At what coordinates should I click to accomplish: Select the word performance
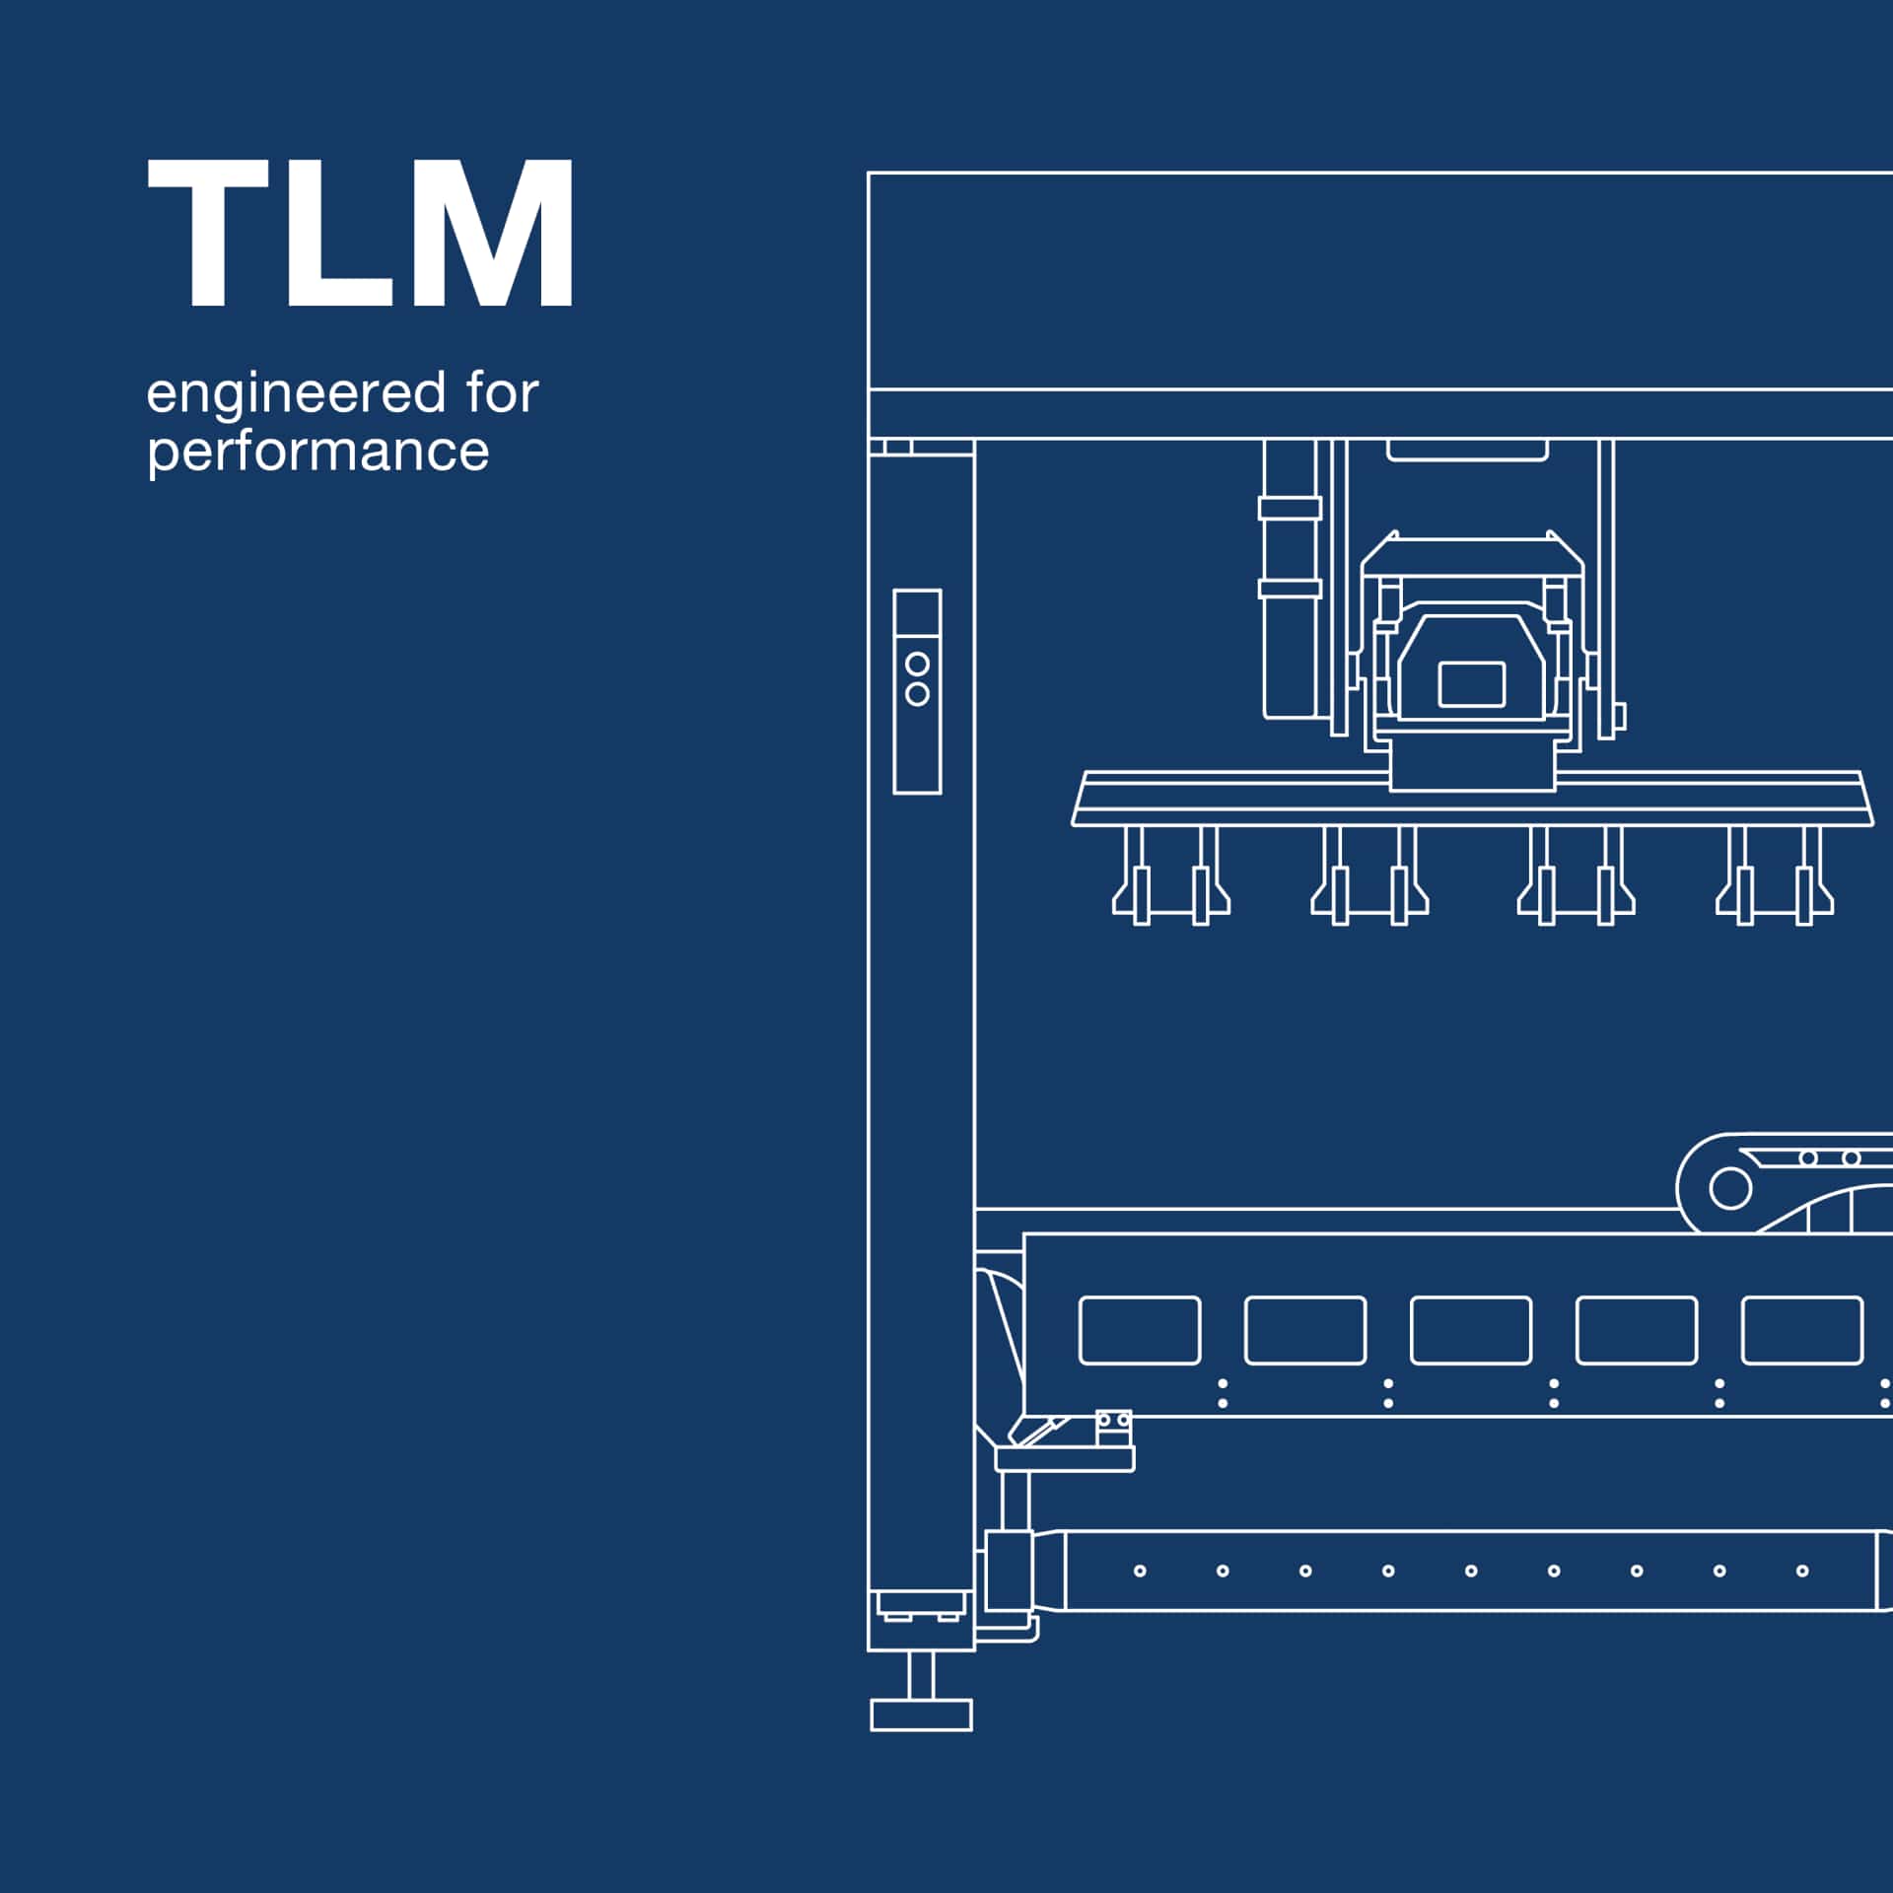(x=317, y=453)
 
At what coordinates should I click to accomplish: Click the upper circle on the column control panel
(x=917, y=664)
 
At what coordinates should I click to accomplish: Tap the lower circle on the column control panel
(x=917, y=694)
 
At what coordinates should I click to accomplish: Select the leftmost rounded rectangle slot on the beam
(x=1140, y=1330)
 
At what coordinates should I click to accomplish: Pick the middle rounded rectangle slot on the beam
(x=1471, y=1330)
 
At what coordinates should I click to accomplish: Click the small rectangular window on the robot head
(x=1471, y=684)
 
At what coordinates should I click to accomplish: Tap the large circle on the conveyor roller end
(x=1730, y=1188)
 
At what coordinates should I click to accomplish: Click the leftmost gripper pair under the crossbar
(x=1171, y=887)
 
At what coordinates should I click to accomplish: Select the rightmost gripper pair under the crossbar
(x=1775, y=887)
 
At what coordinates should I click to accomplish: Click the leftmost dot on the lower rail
(x=1140, y=1571)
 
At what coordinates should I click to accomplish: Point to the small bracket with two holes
(x=1114, y=1428)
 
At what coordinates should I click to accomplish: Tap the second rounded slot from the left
(x=1305, y=1330)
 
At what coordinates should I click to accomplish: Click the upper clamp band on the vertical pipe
(x=1290, y=509)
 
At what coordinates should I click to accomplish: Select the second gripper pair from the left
(x=1369, y=887)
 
